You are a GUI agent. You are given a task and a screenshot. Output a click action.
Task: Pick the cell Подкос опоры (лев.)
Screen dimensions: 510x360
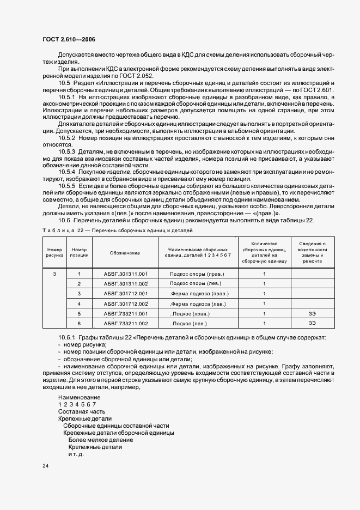197,283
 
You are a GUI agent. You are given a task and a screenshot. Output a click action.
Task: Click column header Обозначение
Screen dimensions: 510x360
125,253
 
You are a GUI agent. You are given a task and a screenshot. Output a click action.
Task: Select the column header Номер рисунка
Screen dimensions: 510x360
54,253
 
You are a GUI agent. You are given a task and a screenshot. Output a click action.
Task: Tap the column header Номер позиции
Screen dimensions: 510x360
80,253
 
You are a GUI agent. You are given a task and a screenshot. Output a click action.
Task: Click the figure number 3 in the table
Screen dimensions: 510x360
54,274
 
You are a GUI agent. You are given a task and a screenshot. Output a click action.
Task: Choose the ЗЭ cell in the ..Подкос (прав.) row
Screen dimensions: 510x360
312,313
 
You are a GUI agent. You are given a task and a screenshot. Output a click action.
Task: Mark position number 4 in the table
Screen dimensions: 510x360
80,303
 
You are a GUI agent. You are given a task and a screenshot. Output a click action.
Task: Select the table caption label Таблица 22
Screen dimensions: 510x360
66,231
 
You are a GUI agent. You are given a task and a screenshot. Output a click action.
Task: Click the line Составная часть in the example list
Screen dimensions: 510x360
82,411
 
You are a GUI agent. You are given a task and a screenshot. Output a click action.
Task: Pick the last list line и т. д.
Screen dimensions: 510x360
76,454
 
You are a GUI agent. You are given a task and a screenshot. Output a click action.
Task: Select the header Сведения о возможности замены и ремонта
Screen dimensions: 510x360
312,253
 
